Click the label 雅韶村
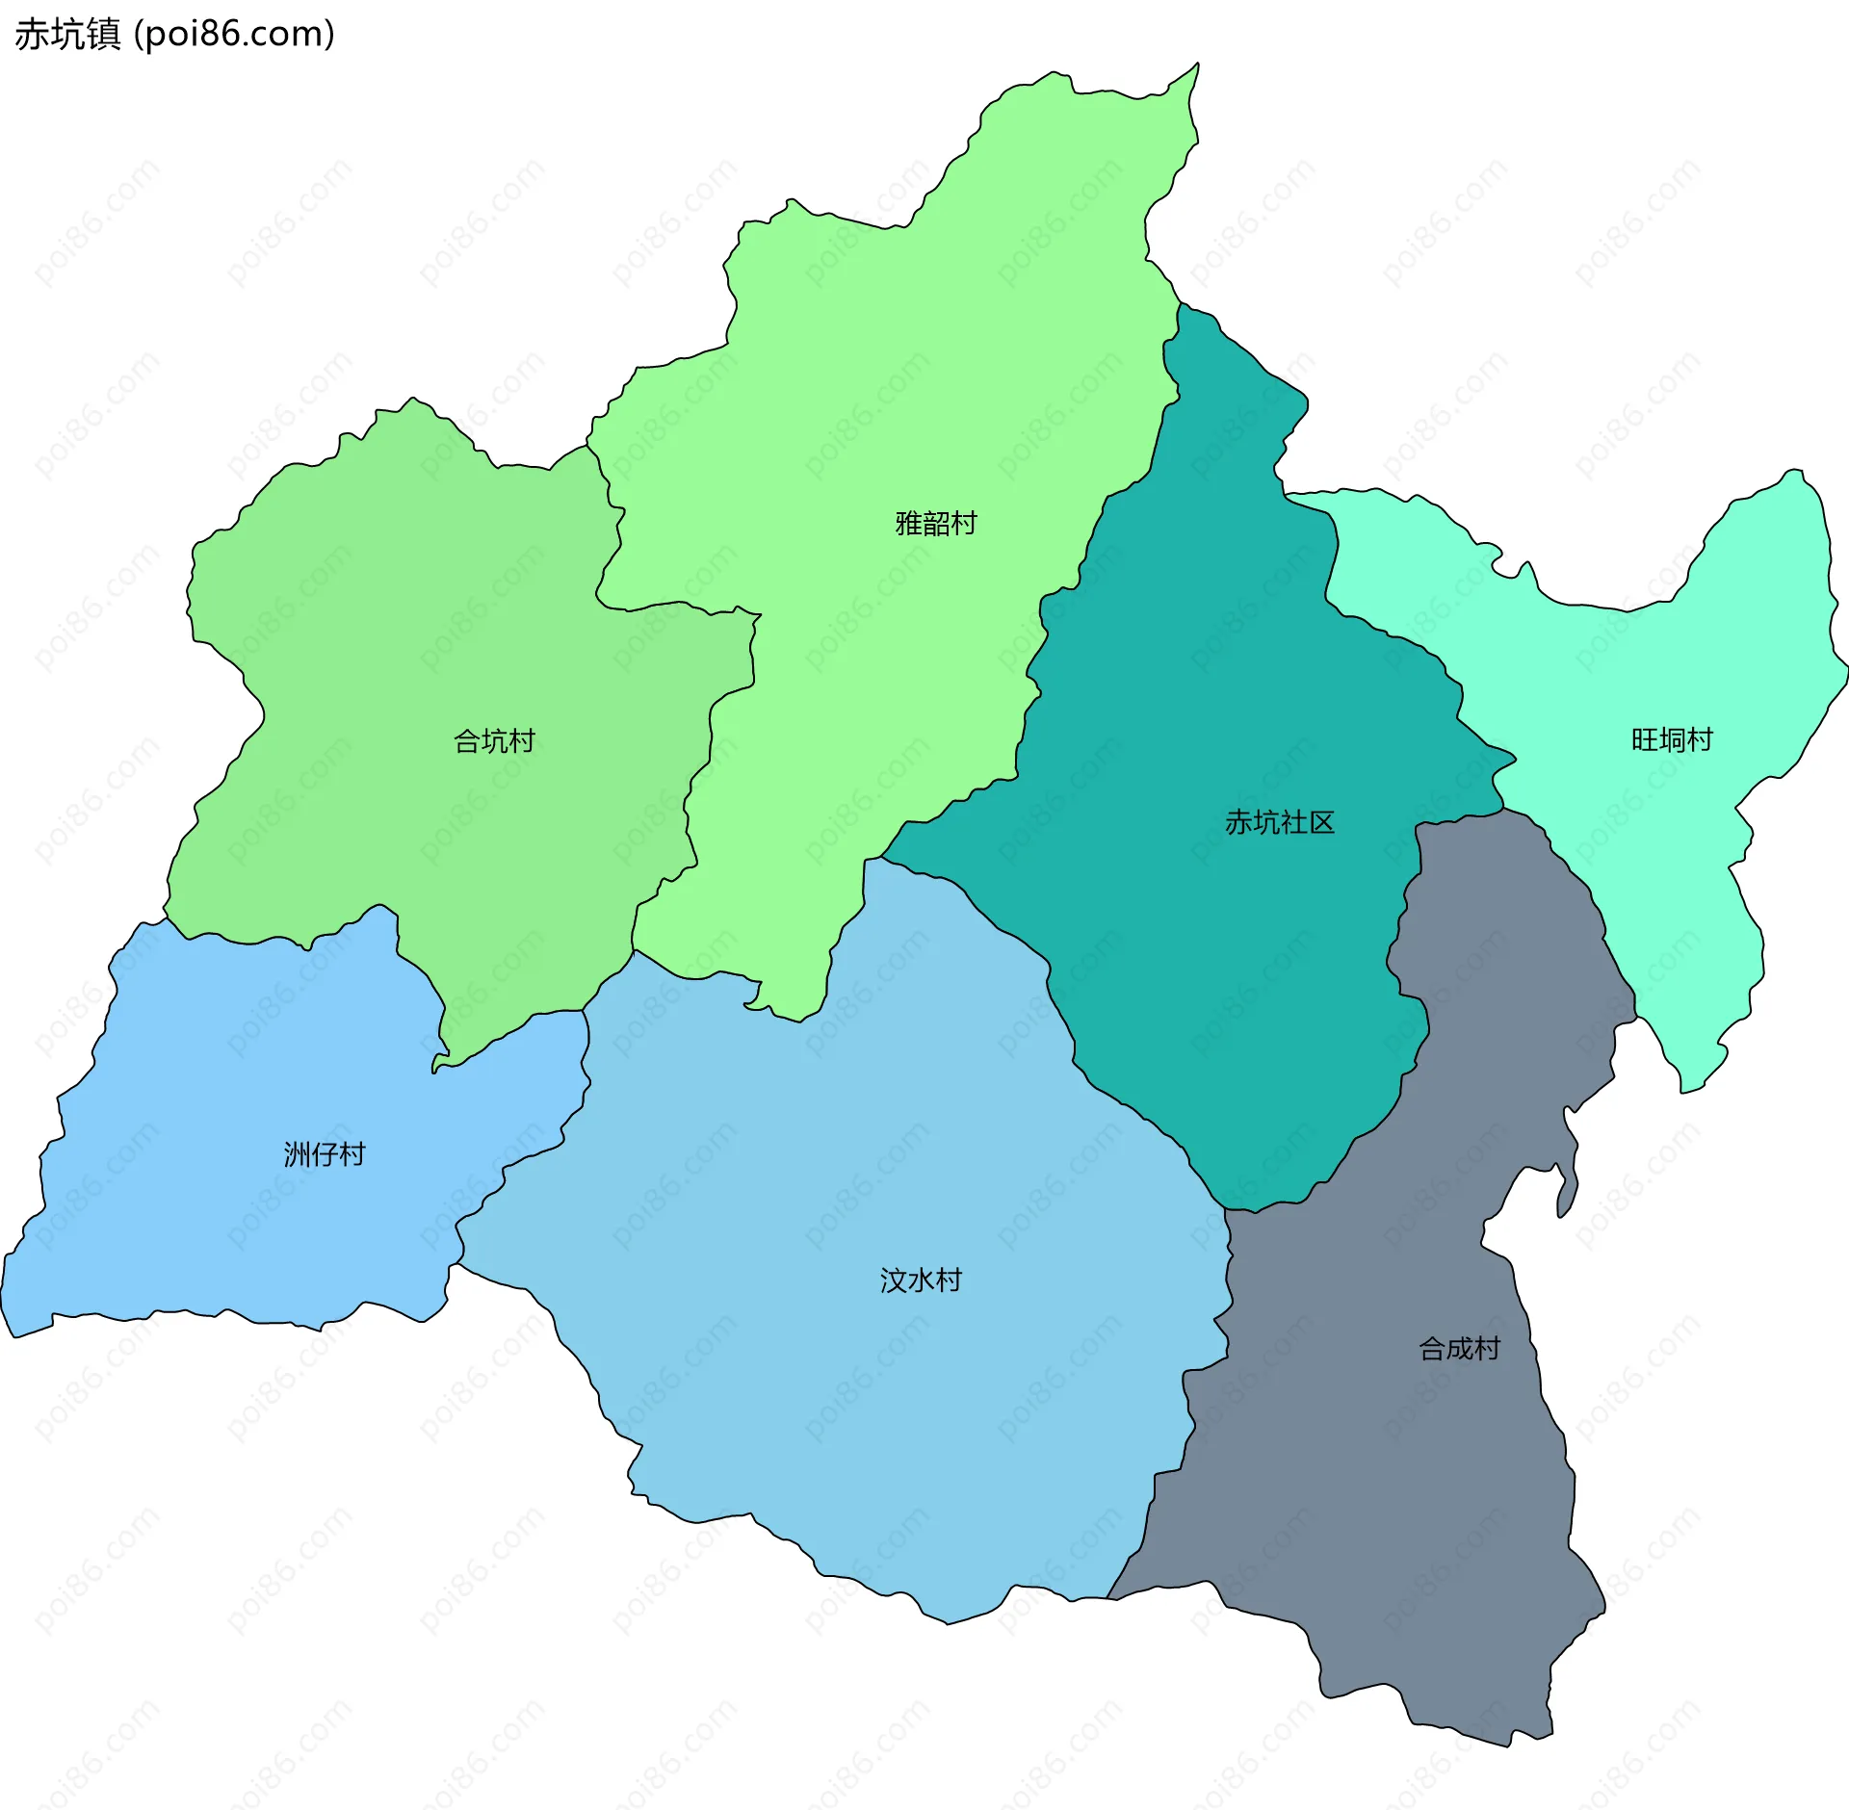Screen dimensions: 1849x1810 click(x=936, y=524)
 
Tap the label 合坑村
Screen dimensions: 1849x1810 click(x=494, y=741)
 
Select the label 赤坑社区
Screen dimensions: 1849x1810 click(x=1280, y=822)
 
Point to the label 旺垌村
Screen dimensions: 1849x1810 click(x=1672, y=739)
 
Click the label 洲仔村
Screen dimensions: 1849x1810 click(x=325, y=1154)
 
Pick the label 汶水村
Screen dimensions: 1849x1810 click(x=921, y=1280)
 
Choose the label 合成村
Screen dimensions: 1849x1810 click(x=1459, y=1349)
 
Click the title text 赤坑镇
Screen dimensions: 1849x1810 click(x=67, y=35)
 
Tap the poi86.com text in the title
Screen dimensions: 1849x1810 click(x=235, y=35)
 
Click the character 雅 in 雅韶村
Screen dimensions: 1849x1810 click(x=909, y=524)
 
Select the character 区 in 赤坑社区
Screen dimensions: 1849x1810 click(x=1321, y=822)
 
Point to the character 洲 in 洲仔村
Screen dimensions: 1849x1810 click(x=298, y=1154)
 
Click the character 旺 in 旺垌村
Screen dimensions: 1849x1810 click(x=1645, y=739)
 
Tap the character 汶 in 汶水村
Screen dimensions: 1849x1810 click(x=894, y=1280)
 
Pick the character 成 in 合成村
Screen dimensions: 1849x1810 click(x=1460, y=1349)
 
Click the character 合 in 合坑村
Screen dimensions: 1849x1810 click(x=467, y=741)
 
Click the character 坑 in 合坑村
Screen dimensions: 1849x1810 click(x=494, y=741)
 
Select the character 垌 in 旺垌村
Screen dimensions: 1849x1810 click(x=1673, y=739)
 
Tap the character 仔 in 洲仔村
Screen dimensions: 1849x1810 click(x=325, y=1154)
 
